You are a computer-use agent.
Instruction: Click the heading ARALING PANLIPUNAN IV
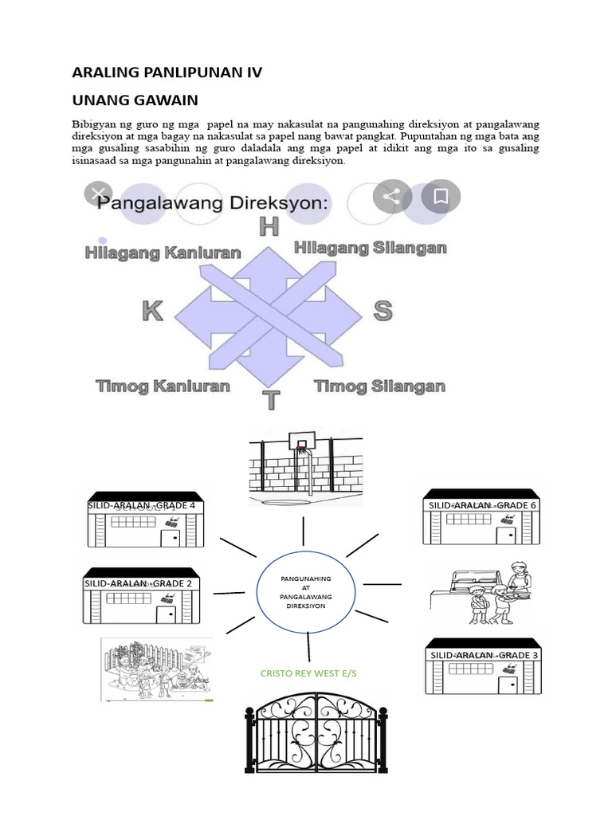point(167,73)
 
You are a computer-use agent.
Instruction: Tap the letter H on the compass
point(269,226)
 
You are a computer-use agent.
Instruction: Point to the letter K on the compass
point(152,311)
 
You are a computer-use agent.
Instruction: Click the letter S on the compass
point(382,310)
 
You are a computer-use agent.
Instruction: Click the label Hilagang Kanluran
point(163,253)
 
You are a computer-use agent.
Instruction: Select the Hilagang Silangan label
point(370,248)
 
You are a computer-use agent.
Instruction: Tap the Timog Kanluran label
point(163,386)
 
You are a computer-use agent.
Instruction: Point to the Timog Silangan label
point(379,386)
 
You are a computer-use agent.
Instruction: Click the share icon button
point(391,196)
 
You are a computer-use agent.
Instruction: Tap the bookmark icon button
point(441,196)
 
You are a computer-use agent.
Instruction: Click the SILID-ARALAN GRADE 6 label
point(483,505)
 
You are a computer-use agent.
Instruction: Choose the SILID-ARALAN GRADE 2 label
point(139,583)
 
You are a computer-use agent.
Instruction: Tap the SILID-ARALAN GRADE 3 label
point(484,655)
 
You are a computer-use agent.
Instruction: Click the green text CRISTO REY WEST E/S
point(308,673)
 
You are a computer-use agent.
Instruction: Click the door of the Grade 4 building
point(170,537)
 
